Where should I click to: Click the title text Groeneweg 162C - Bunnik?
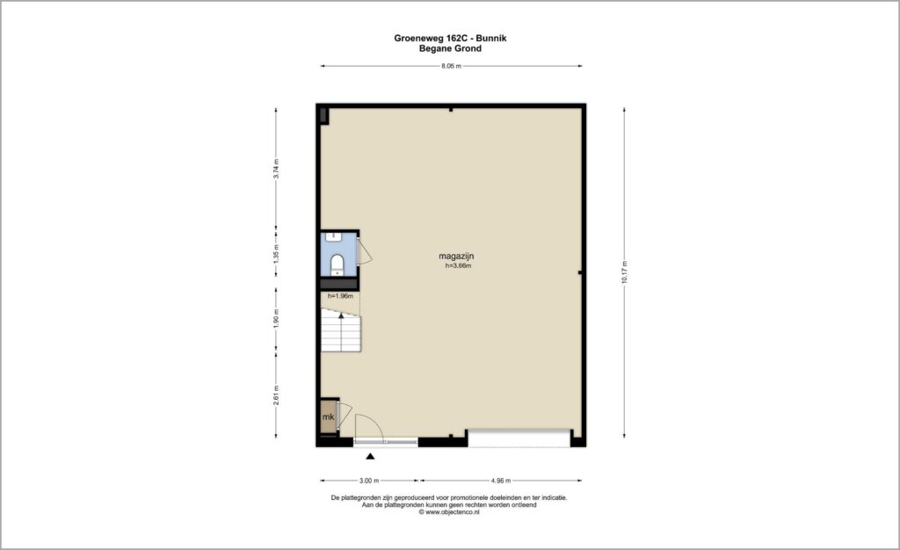(x=450, y=39)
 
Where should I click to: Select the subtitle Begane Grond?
(x=450, y=48)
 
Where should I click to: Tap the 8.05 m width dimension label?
(x=451, y=66)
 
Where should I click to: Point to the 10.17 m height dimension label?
(x=625, y=272)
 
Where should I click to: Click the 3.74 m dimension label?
(x=276, y=169)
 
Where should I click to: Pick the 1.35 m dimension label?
(x=276, y=254)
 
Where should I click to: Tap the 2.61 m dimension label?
(x=276, y=395)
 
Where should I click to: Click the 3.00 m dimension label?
(x=369, y=481)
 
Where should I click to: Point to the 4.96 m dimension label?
(x=500, y=481)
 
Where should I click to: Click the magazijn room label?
(x=456, y=257)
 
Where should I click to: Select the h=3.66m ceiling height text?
(x=459, y=266)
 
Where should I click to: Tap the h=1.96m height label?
(x=340, y=296)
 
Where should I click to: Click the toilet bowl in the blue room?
(x=337, y=264)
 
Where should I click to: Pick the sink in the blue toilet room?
(x=333, y=235)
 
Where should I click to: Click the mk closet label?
(x=329, y=417)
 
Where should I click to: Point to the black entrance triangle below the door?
(x=371, y=457)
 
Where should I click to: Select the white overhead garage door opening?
(x=519, y=438)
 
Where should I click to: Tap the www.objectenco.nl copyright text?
(x=449, y=512)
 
